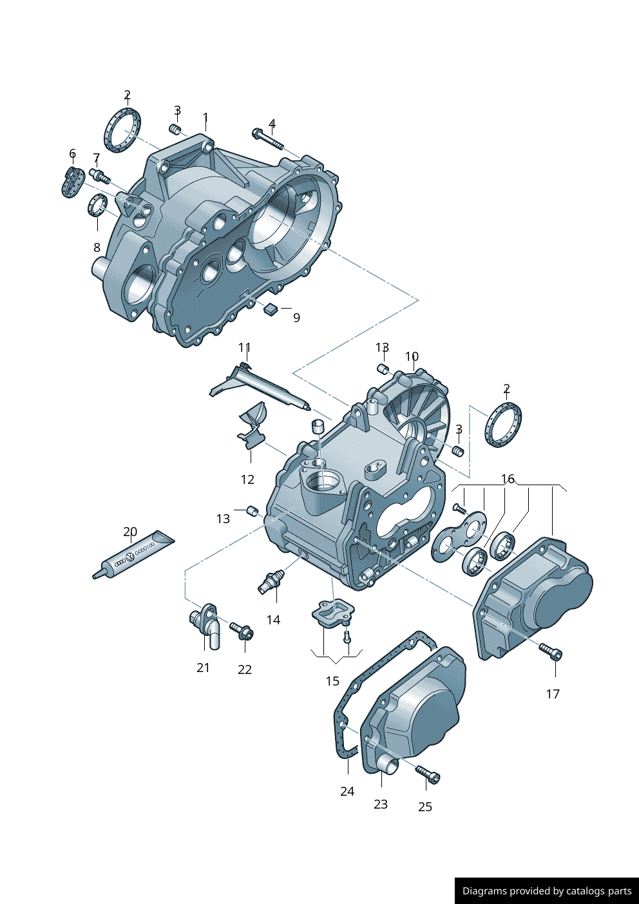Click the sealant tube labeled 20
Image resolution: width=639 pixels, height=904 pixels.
pyautogui.click(x=133, y=555)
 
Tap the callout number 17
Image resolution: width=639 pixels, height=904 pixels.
pyautogui.click(x=553, y=694)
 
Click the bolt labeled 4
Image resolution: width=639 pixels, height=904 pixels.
pyautogui.click(x=267, y=139)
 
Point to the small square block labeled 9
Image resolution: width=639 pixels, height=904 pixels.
pyautogui.click(x=271, y=309)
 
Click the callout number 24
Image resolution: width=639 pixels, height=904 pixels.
pyautogui.click(x=347, y=791)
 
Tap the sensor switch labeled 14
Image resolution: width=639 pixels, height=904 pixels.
pyautogui.click(x=271, y=580)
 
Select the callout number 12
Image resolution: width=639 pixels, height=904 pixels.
pyautogui.click(x=247, y=479)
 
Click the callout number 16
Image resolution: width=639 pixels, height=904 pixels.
pyautogui.click(x=508, y=479)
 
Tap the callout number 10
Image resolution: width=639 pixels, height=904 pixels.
pyautogui.click(x=412, y=356)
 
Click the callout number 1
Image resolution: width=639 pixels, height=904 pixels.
pyautogui.click(x=205, y=118)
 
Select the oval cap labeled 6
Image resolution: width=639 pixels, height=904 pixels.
pyautogui.click(x=72, y=182)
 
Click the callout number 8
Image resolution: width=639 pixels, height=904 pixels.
pyautogui.click(x=97, y=247)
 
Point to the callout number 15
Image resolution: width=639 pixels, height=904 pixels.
pyautogui.click(x=332, y=681)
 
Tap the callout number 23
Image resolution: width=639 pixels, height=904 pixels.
pyautogui.click(x=381, y=804)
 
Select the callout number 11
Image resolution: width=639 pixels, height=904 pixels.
pyautogui.click(x=244, y=348)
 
